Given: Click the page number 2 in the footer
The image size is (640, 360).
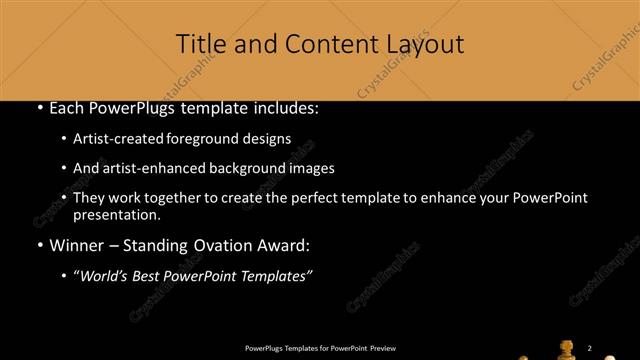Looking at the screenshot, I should click(x=590, y=347).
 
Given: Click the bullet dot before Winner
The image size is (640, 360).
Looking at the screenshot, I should click(x=39, y=245).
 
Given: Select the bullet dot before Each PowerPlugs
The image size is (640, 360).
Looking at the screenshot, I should click(x=39, y=109).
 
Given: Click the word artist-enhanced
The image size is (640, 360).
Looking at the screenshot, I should click(x=147, y=168).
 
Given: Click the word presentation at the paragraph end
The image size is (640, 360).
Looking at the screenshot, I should click(x=115, y=214).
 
